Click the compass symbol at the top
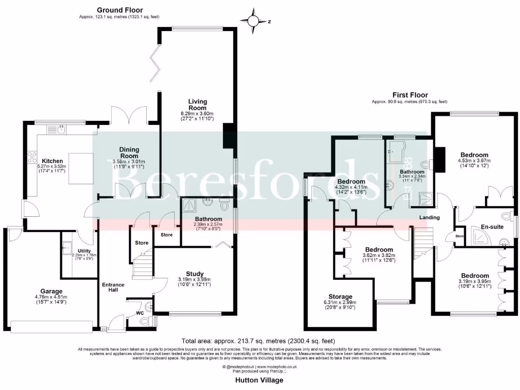[254, 21]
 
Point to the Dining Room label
[129, 153]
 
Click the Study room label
[194, 273]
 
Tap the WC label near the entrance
[140, 313]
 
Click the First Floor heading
[410, 95]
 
